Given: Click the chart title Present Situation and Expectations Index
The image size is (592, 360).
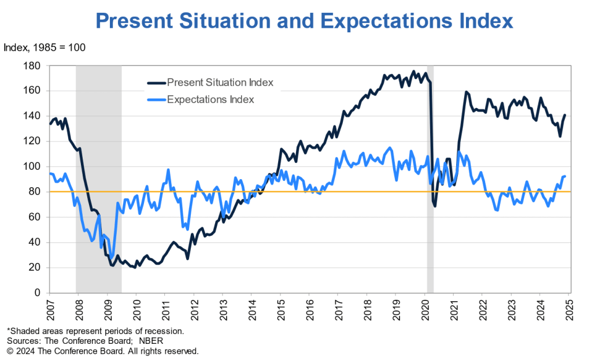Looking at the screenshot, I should pos(304,21).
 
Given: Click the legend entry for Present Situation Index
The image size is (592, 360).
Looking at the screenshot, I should pos(220,83).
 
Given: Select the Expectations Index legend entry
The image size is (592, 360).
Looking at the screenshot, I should pos(210,99).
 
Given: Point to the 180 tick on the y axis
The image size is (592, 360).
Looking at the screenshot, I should pos(32,65).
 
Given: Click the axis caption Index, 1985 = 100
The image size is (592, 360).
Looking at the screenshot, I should pos(45,47).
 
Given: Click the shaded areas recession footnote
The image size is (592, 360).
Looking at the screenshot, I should pos(95,331).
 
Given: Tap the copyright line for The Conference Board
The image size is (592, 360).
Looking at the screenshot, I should pos(102,351).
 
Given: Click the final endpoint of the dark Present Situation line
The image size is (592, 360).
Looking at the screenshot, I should pos(565,115).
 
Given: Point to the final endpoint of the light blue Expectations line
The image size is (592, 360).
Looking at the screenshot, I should pos(565,176).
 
